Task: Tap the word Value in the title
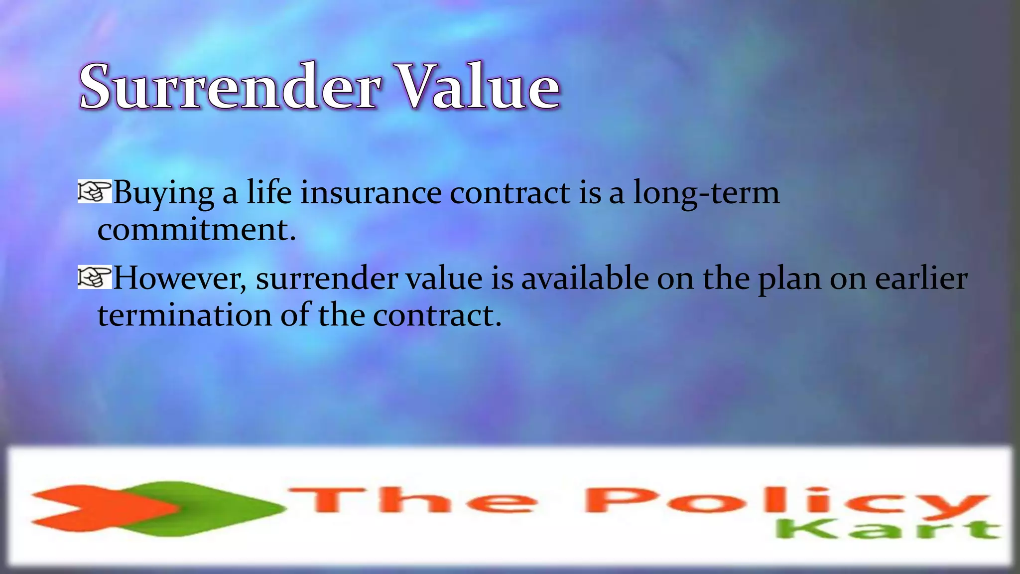479,87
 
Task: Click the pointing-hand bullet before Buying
94,192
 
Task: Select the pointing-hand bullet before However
94,278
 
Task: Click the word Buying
164,193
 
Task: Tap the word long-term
706,193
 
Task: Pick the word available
585,278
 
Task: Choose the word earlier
921,278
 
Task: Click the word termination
185,315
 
